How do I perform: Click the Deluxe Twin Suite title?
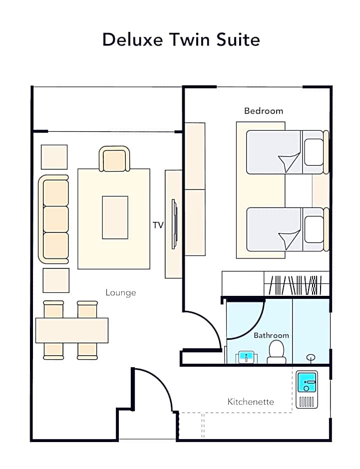(181, 39)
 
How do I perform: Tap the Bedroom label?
(264, 111)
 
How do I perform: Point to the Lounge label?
(121, 292)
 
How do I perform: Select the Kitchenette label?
(251, 402)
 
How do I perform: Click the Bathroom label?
(272, 335)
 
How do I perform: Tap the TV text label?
(158, 225)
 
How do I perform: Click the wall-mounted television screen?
(174, 224)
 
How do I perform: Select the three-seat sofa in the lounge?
(54, 219)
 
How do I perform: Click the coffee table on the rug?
(115, 218)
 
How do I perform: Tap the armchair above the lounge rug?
(114, 159)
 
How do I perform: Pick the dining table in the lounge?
(72, 330)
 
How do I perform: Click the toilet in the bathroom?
(276, 353)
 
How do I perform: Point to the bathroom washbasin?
(246, 357)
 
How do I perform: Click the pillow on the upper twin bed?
(314, 152)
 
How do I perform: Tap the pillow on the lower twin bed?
(314, 230)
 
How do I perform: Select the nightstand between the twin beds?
(321, 191)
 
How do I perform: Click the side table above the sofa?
(54, 157)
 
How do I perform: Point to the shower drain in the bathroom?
(311, 357)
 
